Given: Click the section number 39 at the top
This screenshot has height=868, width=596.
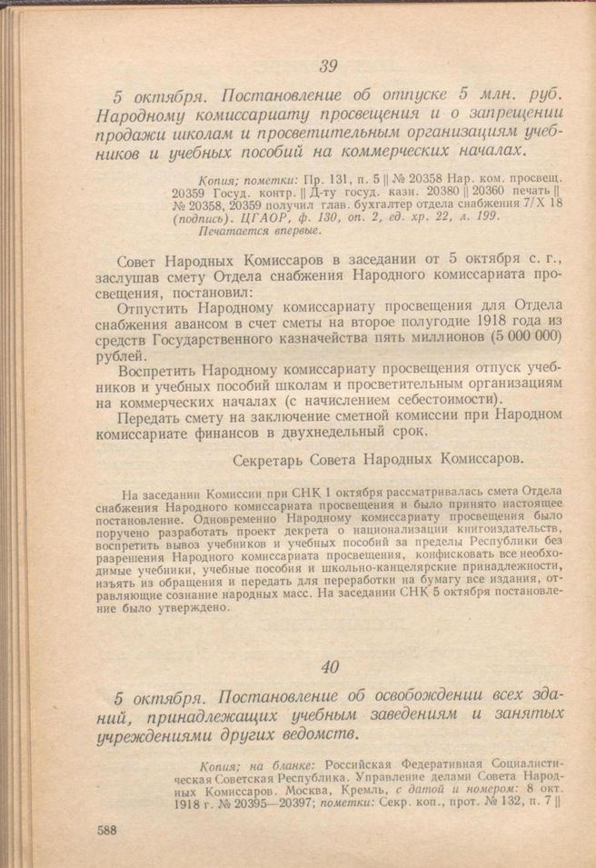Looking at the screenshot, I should [328, 65].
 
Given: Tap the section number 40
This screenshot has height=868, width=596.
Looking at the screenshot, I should [329, 666].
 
